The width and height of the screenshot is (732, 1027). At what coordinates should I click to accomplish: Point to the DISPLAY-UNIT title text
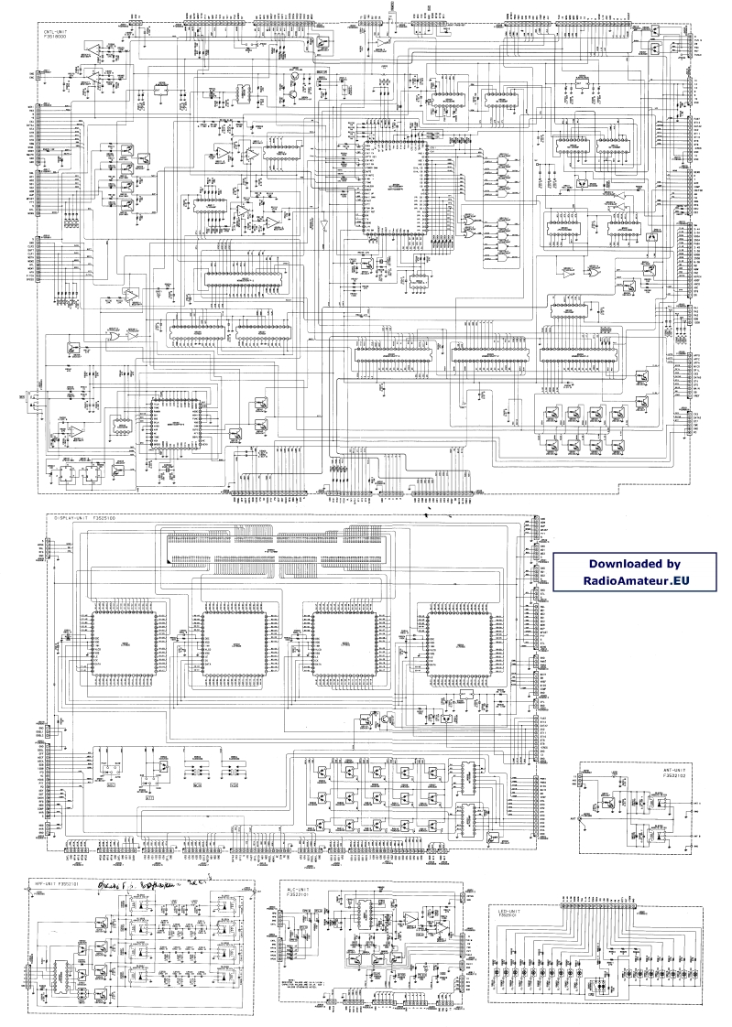pos(81,519)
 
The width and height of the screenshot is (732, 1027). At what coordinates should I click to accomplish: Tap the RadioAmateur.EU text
pos(634,580)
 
